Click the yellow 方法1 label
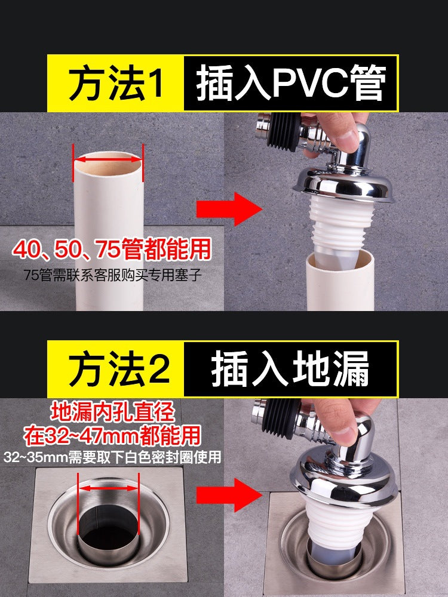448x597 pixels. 115,84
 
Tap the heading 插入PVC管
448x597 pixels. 290,84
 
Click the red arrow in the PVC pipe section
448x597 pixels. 229,210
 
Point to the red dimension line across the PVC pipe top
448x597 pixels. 108,159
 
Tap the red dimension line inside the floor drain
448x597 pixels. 108,488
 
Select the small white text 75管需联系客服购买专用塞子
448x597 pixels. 113,275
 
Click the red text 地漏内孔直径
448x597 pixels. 112,412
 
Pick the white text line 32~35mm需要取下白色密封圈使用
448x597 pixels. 112,458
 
